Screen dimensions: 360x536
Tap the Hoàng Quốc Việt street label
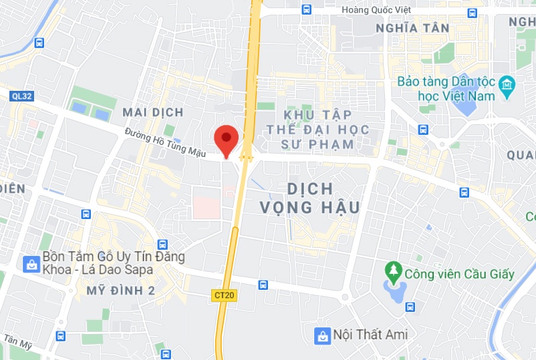(376, 10)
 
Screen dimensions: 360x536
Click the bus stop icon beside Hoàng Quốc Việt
(306, 9)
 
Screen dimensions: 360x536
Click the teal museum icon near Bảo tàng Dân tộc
(507, 85)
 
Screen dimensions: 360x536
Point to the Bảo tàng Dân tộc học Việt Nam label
(446, 88)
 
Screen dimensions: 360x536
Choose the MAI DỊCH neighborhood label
(153, 112)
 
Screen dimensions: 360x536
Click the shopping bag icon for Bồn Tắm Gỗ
(31, 264)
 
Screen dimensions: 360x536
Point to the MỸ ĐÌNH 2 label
(120, 290)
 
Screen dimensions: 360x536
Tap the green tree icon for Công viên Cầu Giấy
(394, 273)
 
